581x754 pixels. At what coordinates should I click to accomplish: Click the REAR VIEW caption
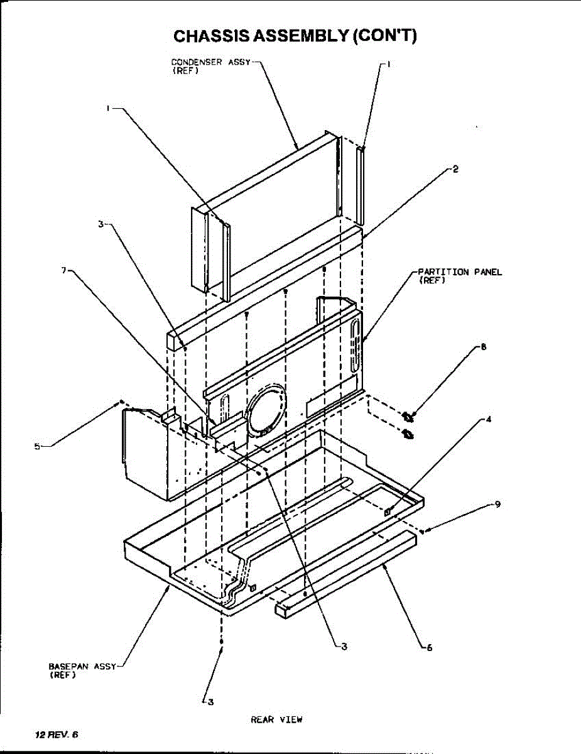276,719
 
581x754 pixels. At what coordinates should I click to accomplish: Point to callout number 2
455,168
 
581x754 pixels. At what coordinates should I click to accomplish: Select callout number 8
483,346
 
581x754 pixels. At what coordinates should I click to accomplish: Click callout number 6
429,648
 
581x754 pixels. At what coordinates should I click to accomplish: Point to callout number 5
37,446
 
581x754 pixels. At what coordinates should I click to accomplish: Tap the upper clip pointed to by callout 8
408,415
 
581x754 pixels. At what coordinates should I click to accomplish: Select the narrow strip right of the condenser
361,185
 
